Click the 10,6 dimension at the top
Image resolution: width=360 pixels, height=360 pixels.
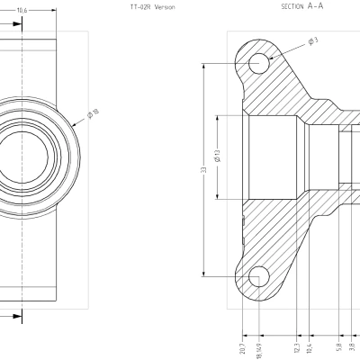click(22, 9)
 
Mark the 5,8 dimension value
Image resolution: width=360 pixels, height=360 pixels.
click(337, 346)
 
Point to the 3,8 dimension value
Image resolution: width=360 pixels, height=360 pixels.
click(352, 346)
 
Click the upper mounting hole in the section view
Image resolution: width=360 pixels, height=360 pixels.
click(259, 63)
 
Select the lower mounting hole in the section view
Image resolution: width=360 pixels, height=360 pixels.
click(259, 274)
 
